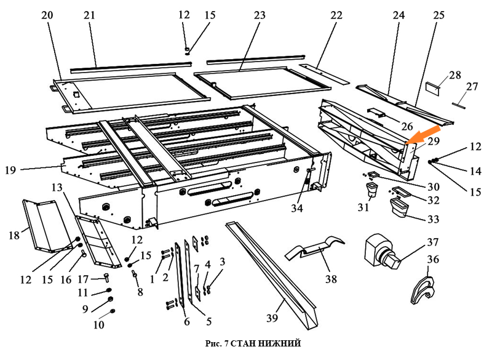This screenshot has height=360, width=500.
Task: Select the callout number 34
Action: tap(298, 209)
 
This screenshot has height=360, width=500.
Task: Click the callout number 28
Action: tap(454, 75)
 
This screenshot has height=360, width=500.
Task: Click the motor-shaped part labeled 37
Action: tap(381, 253)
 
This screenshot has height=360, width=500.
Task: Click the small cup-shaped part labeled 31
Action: tap(371, 188)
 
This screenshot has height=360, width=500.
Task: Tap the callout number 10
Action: tap(98, 324)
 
